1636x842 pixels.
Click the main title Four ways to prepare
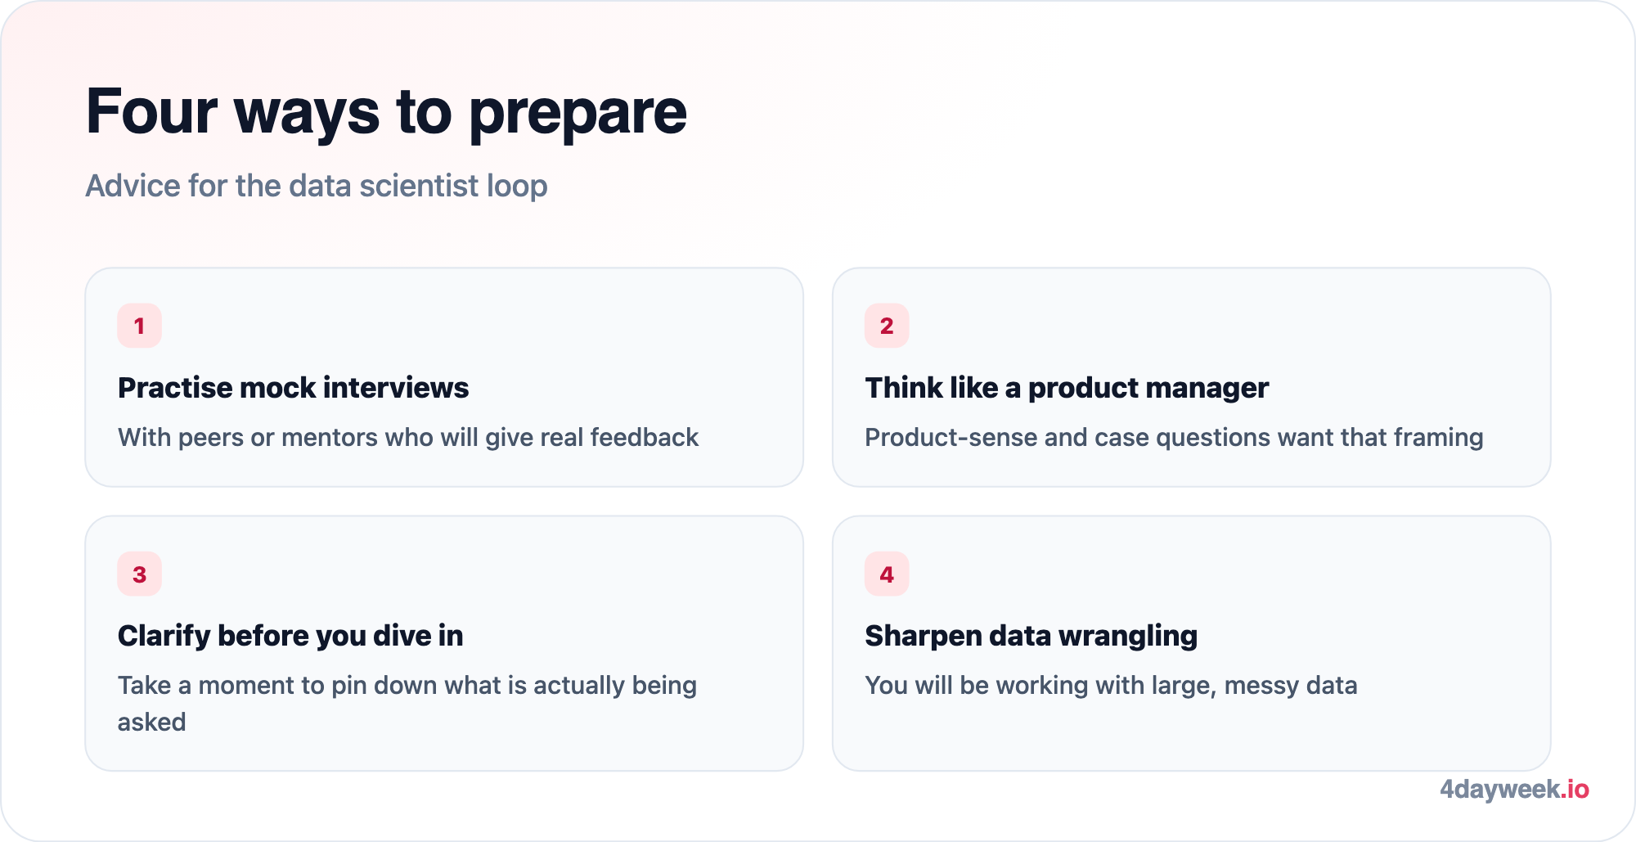coord(386,112)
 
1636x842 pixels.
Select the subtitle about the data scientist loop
coord(317,186)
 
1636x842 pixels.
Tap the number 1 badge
coord(139,326)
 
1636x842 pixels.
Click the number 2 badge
coord(887,326)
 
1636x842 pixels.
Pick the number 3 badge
coord(139,574)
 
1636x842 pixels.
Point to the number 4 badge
coord(887,574)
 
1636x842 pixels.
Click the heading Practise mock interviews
coord(293,388)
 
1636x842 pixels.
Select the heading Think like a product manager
coord(1067,388)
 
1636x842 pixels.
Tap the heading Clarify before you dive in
coord(290,636)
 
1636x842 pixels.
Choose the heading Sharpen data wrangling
coord(1031,636)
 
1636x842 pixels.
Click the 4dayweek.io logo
coord(1514,790)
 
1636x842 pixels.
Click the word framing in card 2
coord(1438,439)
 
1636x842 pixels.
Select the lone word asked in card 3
coord(151,722)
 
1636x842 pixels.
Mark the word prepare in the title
coord(578,115)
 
